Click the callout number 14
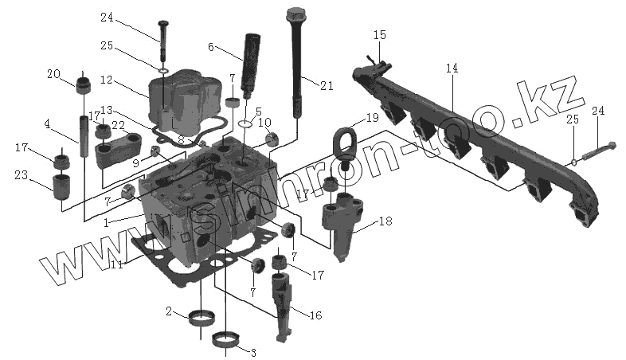452,69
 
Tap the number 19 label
372,118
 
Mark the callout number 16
315,315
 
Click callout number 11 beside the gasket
116,264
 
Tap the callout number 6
210,47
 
